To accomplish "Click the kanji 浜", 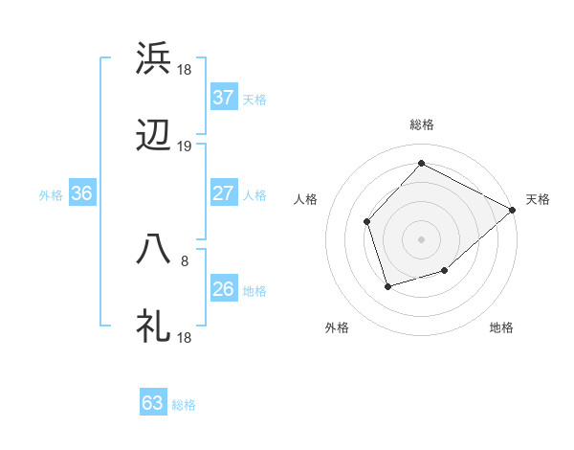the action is tap(153, 58).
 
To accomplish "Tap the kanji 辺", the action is tap(153, 137).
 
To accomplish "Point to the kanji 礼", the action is tap(153, 326).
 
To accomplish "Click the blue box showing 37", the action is tap(224, 98).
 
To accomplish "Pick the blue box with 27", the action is tap(224, 193).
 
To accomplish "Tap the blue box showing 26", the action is tap(224, 289).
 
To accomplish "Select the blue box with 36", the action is tap(82, 193).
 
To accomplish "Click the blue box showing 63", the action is tap(153, 403).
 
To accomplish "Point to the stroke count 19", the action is tap(185, 146).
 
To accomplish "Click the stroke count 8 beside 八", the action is tap(185, 259).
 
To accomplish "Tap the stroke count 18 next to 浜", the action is tap(185, 69).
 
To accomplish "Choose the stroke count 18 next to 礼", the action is tap(185, 337).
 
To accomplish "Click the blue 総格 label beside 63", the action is tap(184, 405).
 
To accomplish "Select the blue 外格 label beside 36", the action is tap(51, 194).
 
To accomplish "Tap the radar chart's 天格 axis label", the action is tap(538, 199).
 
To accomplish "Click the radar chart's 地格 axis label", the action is tap(501, 327).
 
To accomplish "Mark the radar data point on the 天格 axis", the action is tap(513, 209).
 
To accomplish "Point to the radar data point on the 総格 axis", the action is tap(421, 163).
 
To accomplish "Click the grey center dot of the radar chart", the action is tap(421, 238).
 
